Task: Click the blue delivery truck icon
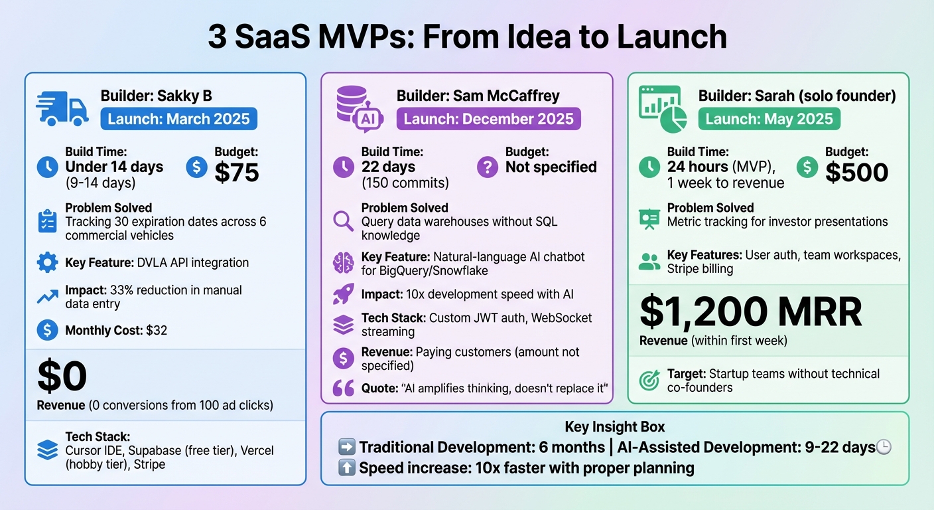pyautogui.click(x=62, y=108)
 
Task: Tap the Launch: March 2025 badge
pyautogui.click(x=178, y=120)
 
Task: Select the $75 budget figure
pyautogui.click(x=237, y=173)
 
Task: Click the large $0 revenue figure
pyautogui.click(x=62, y=377)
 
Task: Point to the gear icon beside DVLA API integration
pyautogui.click(x=47, y=263)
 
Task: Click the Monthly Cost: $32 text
pyautogui.click(x=116, y=330)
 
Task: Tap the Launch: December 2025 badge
pyautogui.click(x=488, y=120)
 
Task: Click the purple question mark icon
pyautogui.click(x=487, y=167)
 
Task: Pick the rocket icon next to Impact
pyautogui.click(x=343, y=294)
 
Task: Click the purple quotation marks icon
pyautogui.click(x=343, y=388)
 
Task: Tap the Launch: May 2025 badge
pyautogui.click(x=769, y=120)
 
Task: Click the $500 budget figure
pyautogui.click(x=856, y=173)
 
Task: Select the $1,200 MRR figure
pyautogui.click(x=751, y=311)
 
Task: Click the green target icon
pyautogui.click(x=648, y=381)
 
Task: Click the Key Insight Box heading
pyautogui.click(x=614, y=427)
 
